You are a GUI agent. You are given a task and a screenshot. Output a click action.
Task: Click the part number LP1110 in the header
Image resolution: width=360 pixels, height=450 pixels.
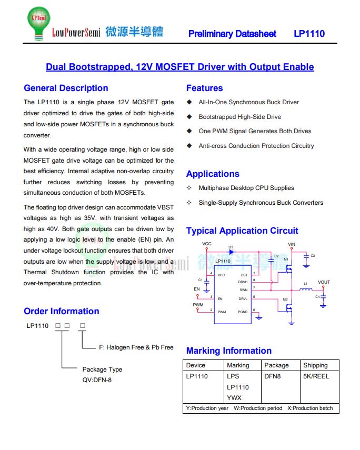coord(309,34)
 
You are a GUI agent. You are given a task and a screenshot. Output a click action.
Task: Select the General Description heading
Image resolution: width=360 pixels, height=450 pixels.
coord(66,88)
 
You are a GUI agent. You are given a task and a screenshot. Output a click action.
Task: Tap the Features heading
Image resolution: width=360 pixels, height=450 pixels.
coord(204,88)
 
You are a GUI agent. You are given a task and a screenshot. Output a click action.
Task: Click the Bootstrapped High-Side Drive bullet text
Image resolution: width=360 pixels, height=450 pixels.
coord(239,117)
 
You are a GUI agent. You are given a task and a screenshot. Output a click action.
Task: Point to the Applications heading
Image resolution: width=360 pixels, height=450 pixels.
coord(213,174)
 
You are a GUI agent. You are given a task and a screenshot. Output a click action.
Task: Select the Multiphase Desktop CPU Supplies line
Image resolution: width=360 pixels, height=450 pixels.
coord(246,188)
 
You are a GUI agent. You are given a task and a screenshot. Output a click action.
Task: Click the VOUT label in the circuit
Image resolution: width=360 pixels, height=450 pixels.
coord(324,282)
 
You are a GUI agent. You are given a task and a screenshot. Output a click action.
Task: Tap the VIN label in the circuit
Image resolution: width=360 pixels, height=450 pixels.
coord(292,245)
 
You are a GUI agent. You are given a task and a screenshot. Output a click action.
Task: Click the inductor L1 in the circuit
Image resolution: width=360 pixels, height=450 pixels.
coord(306,289)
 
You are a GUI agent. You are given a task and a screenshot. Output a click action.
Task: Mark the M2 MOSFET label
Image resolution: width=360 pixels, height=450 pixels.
coord(285,299)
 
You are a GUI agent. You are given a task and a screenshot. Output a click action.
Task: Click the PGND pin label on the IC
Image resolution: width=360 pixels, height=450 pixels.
coord(243,312)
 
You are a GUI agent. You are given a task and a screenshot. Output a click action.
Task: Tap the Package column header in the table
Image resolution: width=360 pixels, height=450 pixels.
coord(276,365)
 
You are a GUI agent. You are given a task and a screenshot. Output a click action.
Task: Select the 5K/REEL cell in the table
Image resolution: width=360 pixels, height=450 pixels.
coord(316,376)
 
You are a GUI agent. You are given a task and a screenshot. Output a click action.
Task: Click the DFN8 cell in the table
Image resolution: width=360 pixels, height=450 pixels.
coord(273,376)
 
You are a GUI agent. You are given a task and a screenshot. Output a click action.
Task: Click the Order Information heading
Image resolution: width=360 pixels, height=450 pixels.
coord(62,311)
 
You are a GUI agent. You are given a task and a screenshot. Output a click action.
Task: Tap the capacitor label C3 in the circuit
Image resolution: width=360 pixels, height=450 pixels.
coord(313,256)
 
